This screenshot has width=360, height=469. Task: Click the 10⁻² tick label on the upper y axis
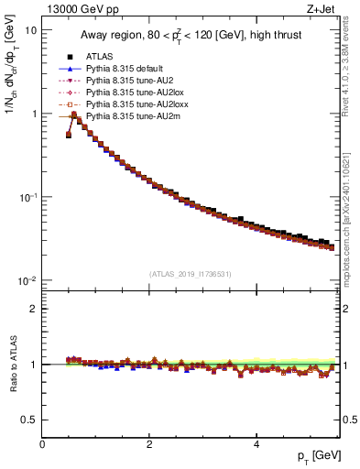pos(27,280)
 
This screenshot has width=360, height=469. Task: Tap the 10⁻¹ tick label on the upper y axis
pos(27,197)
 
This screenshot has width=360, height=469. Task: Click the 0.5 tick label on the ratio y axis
pos(28,420)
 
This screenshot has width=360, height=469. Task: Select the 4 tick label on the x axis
pos(256,444)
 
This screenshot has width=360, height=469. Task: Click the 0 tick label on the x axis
pos(42,444)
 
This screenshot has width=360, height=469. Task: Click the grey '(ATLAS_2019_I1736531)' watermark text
pos(190,273)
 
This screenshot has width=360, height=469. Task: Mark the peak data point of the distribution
pos(74,115)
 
